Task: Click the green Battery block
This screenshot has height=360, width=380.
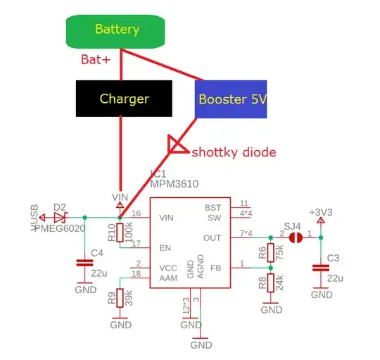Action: [x=117, y=30]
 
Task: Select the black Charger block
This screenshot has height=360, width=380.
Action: [x=124, y=98]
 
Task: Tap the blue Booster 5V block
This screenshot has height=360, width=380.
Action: [x=232, y=99]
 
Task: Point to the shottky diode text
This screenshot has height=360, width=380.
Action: [x=234, y=152]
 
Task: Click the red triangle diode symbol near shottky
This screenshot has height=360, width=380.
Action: [x=176, y=146]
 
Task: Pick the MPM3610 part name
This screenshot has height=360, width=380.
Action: [x=174, y=184]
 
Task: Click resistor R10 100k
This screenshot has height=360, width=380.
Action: [x=120, y=232]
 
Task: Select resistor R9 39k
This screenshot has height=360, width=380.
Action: [x=120, y=297]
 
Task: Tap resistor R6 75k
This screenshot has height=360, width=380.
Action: [x=272, y=252]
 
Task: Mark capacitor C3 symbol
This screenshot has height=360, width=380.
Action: [x=320, y=267]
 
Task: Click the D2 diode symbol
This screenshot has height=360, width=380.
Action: [x=62, y=217]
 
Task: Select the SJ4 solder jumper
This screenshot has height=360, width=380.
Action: [x=296, y=237]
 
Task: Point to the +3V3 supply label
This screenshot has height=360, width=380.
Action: [x=320, y=212]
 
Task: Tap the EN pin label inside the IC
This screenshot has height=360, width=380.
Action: [x=165, y=248]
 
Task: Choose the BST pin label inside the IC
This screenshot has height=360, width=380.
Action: [x=213, y=207]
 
